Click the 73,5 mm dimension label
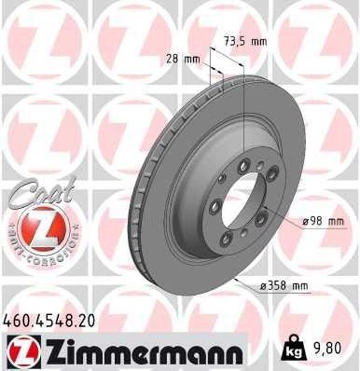[x=244, y=41]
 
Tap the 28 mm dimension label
[x=182, y=58]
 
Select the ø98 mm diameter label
[x=325, y=222]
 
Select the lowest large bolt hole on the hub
[x=226, y=240]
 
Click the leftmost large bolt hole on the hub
[x=214, y=208]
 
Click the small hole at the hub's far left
[x=220, y=178]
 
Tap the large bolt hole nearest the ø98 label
[x=262, y=220]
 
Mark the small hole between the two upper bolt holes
[x=259, y=165]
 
